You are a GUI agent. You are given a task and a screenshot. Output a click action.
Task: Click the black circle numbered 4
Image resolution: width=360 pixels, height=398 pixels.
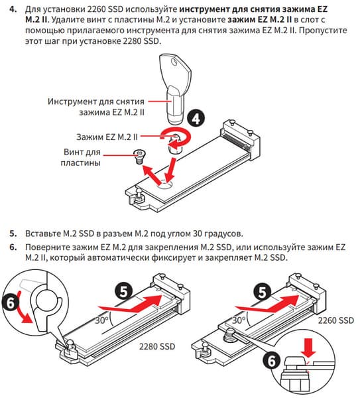(196, 118)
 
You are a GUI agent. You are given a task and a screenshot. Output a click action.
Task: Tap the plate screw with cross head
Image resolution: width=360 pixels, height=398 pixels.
(139, 157)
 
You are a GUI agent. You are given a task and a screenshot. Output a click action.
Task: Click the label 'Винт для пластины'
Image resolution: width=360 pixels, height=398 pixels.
(81, 157)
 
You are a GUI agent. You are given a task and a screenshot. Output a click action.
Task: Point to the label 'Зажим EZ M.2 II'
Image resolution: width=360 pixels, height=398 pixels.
(107, 137)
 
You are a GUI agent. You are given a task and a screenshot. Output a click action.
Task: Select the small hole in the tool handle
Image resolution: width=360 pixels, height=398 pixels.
(174, 62)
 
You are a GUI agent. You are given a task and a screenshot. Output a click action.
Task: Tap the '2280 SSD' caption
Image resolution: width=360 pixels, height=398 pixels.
(157, 346)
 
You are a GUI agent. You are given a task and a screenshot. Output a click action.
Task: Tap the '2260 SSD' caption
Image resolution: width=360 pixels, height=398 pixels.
(336, 320)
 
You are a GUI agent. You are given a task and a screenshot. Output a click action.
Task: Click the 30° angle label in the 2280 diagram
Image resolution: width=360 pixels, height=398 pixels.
(102, 320)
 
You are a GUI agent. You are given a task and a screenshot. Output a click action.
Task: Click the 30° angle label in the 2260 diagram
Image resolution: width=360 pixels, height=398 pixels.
(239, 320)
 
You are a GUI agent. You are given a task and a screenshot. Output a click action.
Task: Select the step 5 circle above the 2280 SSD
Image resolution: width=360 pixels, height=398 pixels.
(123, 292)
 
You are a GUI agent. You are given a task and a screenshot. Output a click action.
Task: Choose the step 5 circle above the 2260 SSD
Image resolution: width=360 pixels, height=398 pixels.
(263, 292)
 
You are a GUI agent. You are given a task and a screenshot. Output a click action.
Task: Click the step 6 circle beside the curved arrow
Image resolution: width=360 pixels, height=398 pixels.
(11, 303)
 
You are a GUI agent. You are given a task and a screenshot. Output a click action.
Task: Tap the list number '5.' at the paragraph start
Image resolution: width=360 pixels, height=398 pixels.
(13, 233)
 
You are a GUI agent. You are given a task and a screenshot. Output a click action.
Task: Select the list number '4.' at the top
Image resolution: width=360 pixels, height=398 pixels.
(13, 9)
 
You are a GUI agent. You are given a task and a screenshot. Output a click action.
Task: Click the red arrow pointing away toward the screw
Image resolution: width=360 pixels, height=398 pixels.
(152, 174)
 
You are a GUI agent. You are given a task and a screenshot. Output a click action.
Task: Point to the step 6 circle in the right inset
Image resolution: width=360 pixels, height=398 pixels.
(272, 361)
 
